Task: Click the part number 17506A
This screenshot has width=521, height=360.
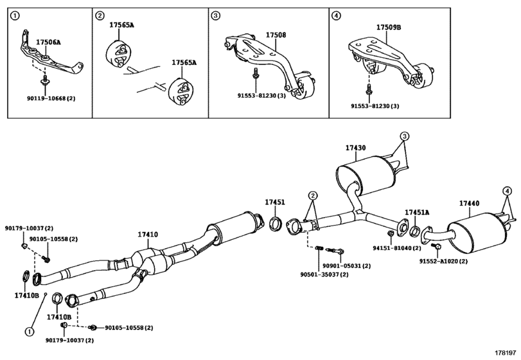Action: [x=48, y=42]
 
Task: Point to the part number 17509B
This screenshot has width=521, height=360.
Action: [x=388, y=28]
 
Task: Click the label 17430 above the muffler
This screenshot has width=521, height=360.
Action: [x=355, y=148]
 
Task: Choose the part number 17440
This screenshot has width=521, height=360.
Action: [x=469, y=203]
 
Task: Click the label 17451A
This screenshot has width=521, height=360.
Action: [x=417, y=212]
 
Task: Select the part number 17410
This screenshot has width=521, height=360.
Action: [x=147, y=235]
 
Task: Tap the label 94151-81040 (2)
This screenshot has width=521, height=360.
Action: [x=396, y=246]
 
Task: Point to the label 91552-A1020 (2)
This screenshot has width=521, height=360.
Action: [x=444, y=262]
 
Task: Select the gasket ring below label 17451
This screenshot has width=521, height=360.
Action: [x=276, y=224]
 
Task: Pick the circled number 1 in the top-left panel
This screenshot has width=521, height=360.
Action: [x=15, y=15]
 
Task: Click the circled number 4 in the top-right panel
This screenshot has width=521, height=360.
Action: [x=335, y=15]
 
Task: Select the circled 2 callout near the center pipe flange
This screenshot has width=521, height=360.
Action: [x=312, y=195]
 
